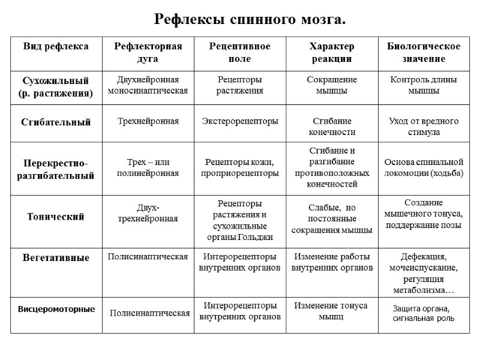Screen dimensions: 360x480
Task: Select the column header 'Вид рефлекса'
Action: [x=56, y=46]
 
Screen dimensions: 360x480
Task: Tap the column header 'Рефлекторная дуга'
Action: [x=143, y=52]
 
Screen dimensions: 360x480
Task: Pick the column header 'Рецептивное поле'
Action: [x=239, y=52]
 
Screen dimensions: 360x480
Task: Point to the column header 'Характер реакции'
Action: [x=331, y=52]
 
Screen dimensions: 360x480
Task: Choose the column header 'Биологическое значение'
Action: [x=424, y=52]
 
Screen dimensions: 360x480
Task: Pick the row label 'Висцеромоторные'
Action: [x=56, y=310]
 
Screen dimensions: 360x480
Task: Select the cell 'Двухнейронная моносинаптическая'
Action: [x=148, y=85]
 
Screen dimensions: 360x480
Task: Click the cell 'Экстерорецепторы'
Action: [x=239, y=122]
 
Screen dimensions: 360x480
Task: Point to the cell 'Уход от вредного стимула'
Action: [x=424, y=127]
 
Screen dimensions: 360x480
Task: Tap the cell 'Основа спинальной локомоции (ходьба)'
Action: [x=424, y=168]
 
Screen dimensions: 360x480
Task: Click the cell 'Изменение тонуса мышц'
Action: [x=331, y=311]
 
